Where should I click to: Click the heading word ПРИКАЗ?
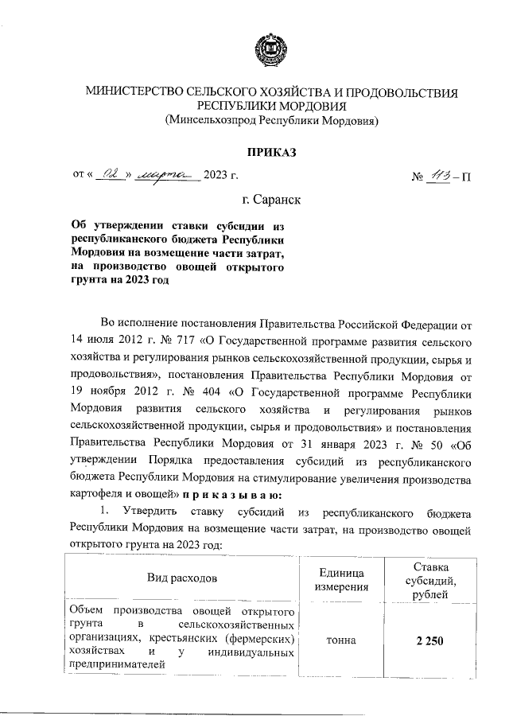point(270,151)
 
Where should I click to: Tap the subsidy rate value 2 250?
point(428,641)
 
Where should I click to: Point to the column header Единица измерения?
point(341,580)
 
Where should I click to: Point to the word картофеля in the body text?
point(98,495)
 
